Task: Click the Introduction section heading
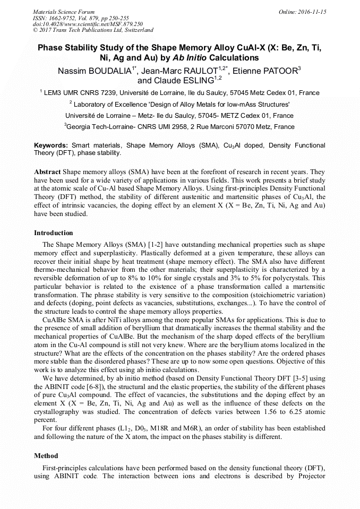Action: [54, 232]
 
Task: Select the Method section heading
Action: [46, 455]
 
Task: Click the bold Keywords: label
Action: [51, 145]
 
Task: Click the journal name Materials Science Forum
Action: [64, 12]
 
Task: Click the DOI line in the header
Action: [88, 24]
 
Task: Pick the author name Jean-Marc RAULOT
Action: [187, 71]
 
